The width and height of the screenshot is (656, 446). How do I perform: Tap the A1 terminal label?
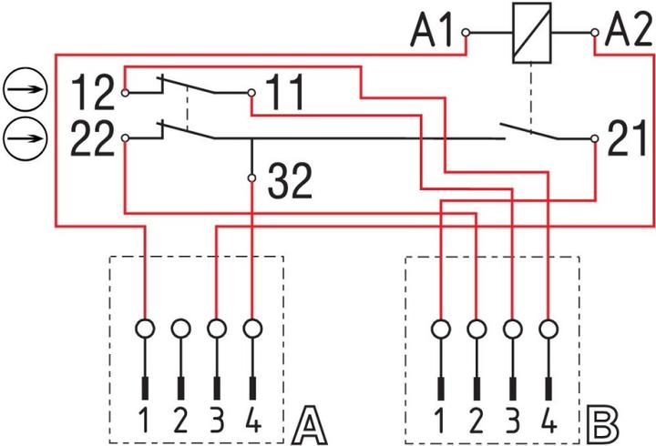pos(432,31)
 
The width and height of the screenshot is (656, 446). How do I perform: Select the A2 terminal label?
pos(629,31)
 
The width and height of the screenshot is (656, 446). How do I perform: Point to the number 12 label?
pos(93,93)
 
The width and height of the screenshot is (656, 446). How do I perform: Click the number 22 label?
pos(92,138)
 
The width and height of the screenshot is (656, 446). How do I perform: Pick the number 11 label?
pos(284,92)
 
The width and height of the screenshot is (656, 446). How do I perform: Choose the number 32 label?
pos(290,180)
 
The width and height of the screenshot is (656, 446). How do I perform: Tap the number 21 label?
pos(627,138)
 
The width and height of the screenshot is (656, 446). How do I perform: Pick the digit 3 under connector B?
pos(512,421)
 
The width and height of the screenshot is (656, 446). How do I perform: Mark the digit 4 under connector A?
pos(253,421)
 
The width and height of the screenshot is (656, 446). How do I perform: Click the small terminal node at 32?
pos(251,178)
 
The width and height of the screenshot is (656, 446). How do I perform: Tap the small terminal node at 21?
pos(594,138)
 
